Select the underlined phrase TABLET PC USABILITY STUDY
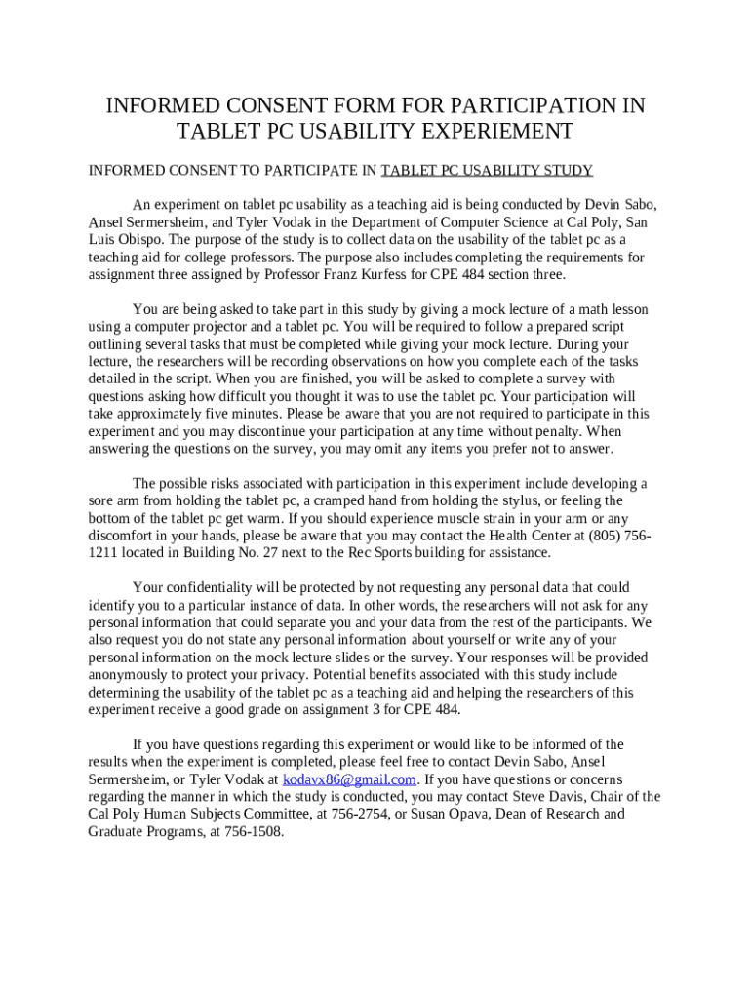[487, 171]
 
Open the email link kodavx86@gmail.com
[349, 779]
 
